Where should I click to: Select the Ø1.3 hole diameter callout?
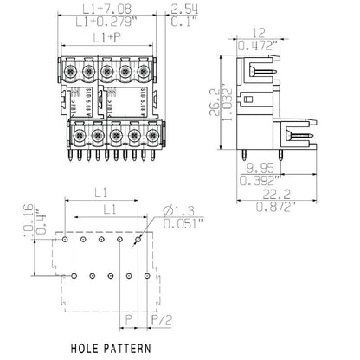click(179, 212)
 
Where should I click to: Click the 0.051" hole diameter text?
click(183, 226)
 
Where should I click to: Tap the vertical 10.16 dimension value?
click(29, 219)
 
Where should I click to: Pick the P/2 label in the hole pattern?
click(161, 319)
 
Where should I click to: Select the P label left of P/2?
click(128, 319)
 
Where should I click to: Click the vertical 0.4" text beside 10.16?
click(41, 221)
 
